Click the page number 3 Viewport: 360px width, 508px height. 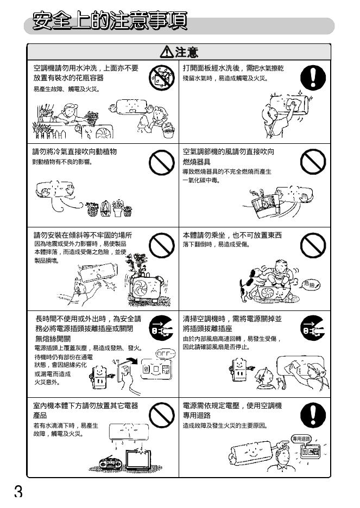click(18, 492)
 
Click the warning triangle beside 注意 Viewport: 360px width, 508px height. click(167, 52)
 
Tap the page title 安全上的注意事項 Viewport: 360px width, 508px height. click(110, 21)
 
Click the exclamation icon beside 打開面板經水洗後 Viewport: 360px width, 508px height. click(313, 78)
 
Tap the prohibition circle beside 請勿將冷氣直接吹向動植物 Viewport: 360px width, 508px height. click(162, 162)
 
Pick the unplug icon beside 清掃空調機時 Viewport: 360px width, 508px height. click(313, 328)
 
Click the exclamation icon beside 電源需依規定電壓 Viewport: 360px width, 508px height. click(313, 415)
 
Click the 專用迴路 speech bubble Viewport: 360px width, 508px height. click(301, 439)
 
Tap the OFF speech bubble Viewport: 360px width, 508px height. click(166, 353)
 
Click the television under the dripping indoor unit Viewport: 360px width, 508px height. click(138, 459)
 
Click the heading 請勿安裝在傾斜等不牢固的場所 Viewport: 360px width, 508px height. click(83, 235)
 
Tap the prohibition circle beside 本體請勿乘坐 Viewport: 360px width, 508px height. click(313, 245)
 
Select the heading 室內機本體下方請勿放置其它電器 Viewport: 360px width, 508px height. click(86, 405)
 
